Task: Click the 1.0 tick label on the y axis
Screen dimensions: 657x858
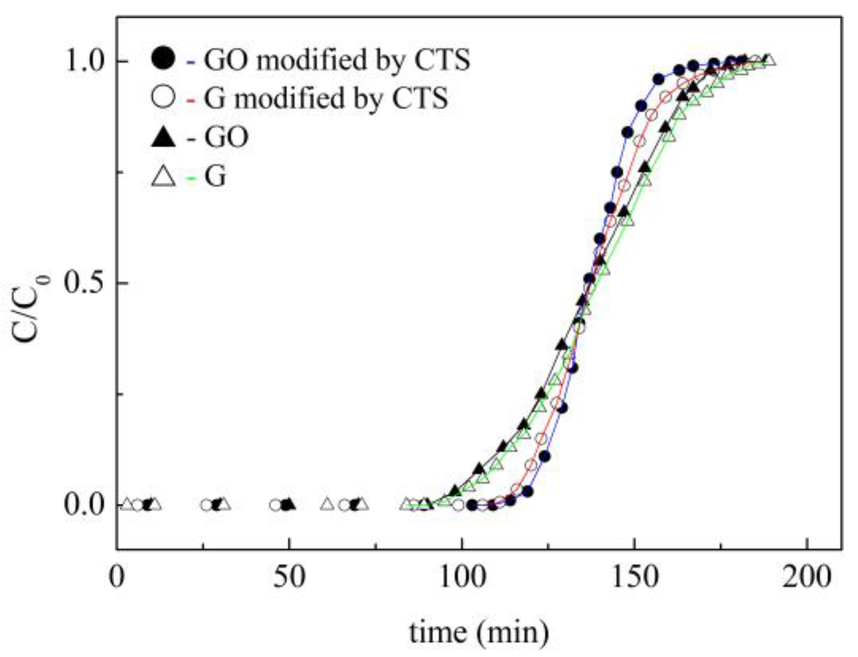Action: pos(87,61)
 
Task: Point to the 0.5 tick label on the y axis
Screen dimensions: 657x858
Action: pos(87,283)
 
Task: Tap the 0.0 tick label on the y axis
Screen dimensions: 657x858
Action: pos(87,505)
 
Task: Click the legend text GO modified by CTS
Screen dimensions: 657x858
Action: pos(337,60)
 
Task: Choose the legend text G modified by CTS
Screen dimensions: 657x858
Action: pos(326,99)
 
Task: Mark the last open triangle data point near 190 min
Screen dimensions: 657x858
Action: pos(769,60)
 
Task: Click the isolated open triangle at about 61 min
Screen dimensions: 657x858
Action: pos(328,504)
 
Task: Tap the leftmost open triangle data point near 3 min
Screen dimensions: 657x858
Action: pos(127,504)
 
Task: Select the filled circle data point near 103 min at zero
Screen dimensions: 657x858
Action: pos(472,505)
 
